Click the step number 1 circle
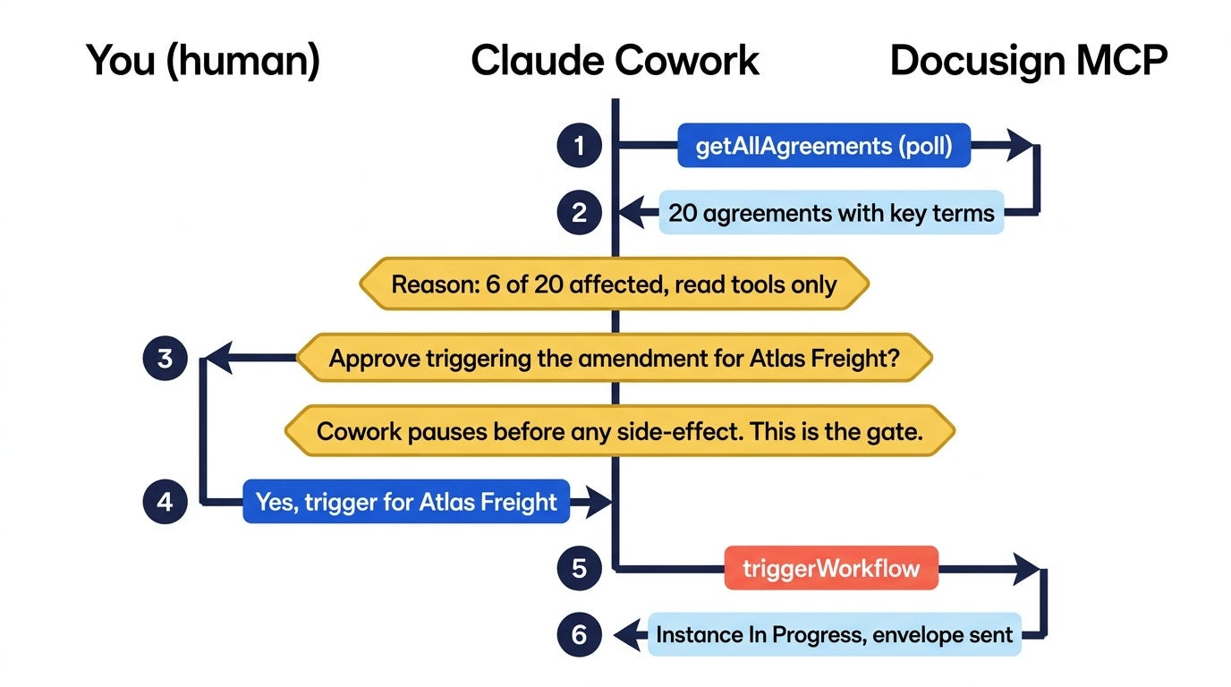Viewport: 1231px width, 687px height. coord(579,146)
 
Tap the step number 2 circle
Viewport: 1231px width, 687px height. coord(579,213)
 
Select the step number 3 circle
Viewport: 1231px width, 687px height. coord(165,359)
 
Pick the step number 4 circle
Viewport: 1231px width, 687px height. coord(165,502)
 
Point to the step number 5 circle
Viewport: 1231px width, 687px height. coord(579,568)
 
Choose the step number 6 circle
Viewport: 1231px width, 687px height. coord(579,635)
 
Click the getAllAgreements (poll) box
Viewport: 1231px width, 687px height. coord(824,146)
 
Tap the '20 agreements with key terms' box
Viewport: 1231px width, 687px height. coord(831,213)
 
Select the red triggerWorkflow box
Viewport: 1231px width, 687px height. coord(831,568)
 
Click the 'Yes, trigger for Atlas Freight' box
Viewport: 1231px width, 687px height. coord(406,502)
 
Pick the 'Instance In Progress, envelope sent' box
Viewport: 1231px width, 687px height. coord(834,635)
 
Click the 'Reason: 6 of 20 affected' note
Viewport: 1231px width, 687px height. coord(615,284)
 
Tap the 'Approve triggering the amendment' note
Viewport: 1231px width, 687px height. coord(615,358)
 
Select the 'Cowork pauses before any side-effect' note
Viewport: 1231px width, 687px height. coord(620,431)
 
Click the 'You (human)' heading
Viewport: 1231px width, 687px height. coord(203,61)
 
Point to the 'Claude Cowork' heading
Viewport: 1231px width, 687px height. coord(615,60)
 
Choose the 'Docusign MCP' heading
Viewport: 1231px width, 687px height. coord(1029,61)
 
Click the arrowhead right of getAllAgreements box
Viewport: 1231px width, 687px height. coord(1020,146)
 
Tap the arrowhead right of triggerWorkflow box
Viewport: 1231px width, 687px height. coord(1025,568)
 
